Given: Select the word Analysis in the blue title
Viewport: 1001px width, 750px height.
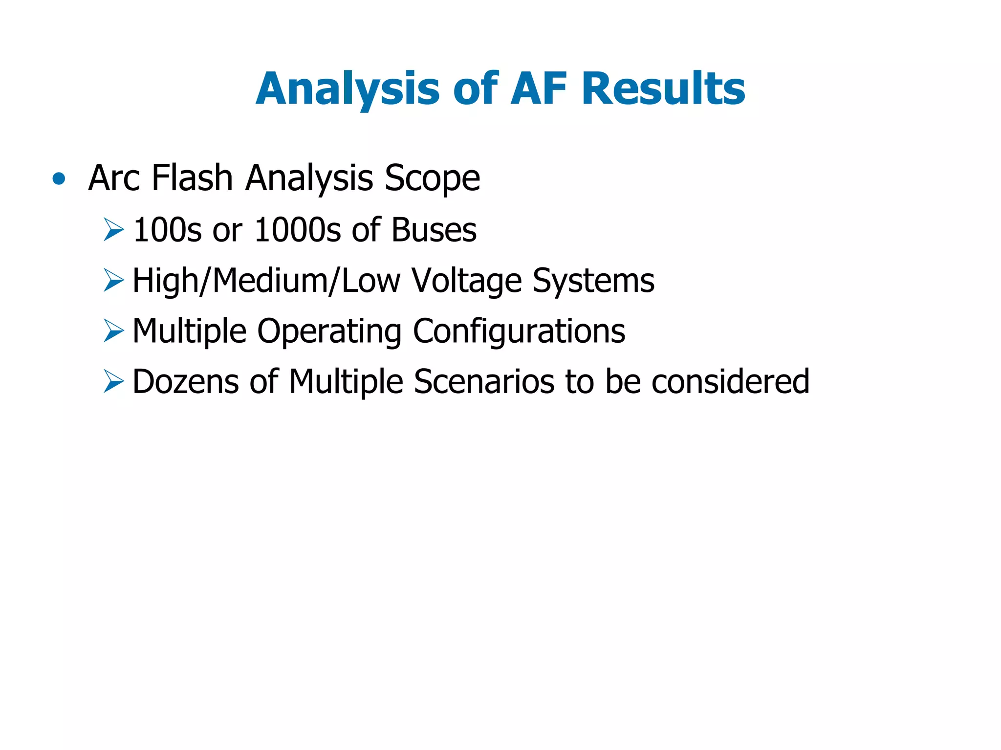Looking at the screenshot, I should pos(348,89).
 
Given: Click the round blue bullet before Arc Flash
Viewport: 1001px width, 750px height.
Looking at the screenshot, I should pos(59,178).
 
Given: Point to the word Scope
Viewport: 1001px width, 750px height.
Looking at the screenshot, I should pos(432,178).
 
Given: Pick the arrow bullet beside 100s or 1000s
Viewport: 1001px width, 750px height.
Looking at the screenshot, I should pos(113,229).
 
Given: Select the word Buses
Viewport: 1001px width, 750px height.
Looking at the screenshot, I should pos(434,229).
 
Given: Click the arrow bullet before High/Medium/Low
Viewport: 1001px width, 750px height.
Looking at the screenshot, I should pos(113,280).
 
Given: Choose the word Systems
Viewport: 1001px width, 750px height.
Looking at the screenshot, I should pos(593,281).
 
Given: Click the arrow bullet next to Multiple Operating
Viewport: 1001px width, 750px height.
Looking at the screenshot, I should pos(113,331).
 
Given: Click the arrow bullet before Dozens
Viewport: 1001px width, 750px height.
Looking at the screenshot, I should pos(113,381).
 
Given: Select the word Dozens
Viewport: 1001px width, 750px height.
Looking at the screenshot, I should pos(186,381).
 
